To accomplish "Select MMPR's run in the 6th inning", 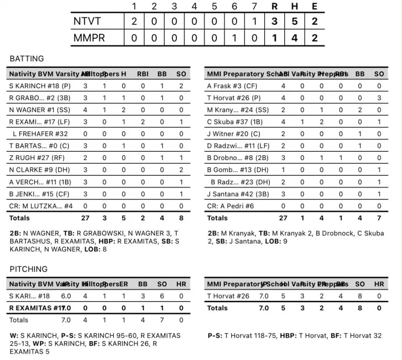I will tap(234, 38).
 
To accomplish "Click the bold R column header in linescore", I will tap(274, 6).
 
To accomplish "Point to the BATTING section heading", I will tap(27, 59).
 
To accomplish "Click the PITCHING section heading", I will tap(29, 269).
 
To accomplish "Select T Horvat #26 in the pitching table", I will tap(228, 296).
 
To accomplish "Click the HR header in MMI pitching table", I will tap(379, 284).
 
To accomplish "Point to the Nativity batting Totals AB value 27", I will tap(85, 218).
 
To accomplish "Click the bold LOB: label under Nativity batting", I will tap(92, 249).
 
